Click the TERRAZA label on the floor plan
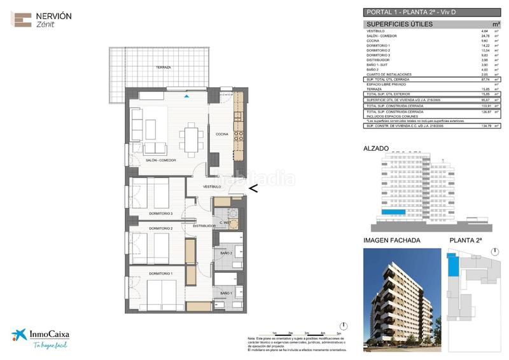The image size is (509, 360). coord(164,67)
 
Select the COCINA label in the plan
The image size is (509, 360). coord(221,134)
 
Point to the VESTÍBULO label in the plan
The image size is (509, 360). coord(212,187)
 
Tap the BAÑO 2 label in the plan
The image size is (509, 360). coord(226,254)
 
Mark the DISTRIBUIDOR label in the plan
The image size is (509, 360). coord(196,226)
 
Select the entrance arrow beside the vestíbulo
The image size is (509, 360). coord(253,188)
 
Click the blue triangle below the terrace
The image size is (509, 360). coord(186,97)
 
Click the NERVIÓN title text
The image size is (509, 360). coord(53,15)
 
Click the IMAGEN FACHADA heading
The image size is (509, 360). coord(391,240)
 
